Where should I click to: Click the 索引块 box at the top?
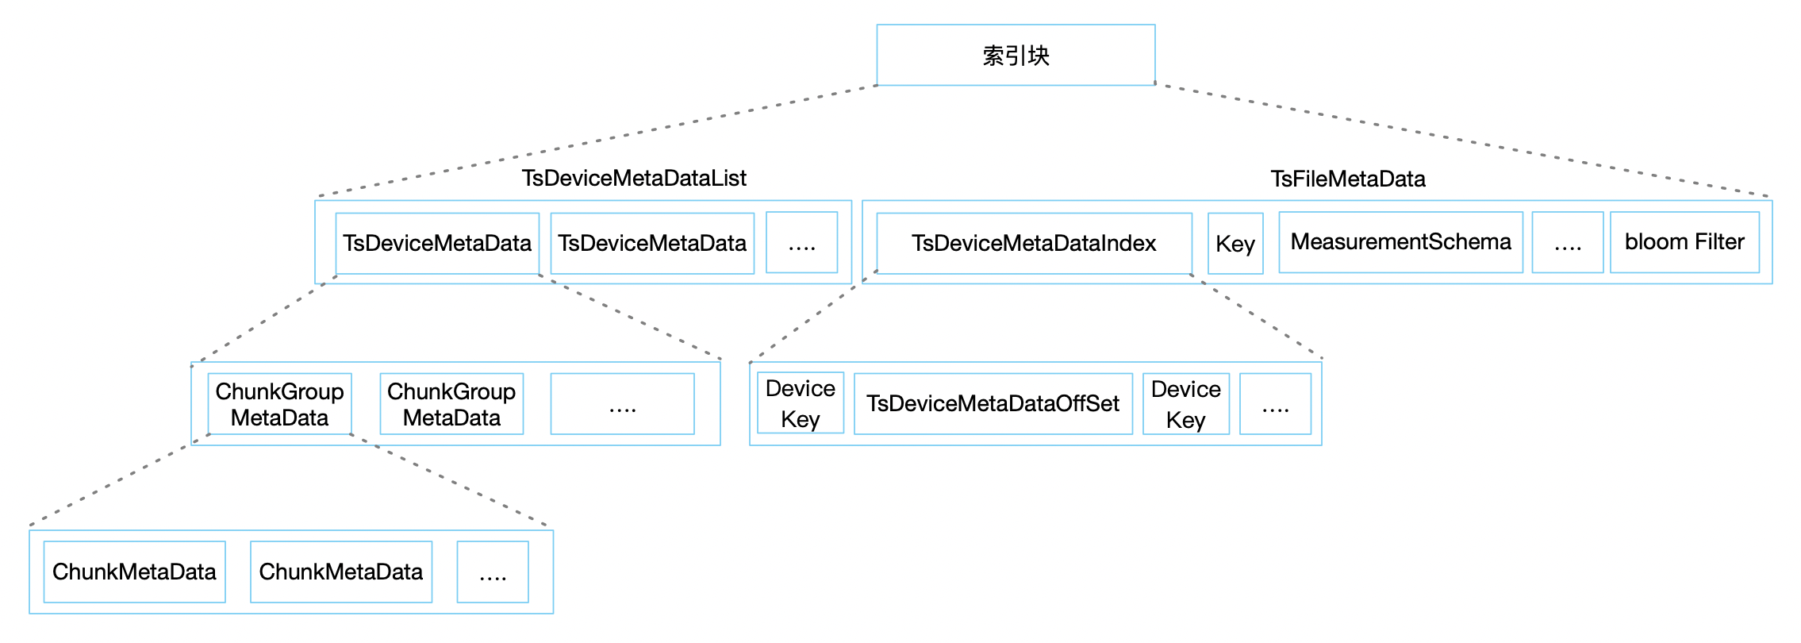pos(1016,55)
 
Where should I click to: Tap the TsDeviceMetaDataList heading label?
pos(634,178)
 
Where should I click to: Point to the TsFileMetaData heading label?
pos(1348,179)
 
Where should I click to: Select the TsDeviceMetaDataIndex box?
pos(1034,243)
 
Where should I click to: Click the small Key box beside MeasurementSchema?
pos(1235,243)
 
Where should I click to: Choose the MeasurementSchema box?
pos(1401,242)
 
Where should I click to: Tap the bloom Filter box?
pos(1684,242)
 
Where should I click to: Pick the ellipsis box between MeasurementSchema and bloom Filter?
pos(1568,242)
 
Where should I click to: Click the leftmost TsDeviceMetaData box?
pos(437,243)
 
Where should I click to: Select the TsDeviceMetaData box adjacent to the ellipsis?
pos(652,243)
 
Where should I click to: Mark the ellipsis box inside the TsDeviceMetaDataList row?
pos(802,242)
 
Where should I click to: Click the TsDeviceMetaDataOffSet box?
pos(993,404)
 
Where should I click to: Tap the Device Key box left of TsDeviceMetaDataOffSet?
pos(801,403)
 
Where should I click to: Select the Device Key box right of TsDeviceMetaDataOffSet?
pos(1186,404)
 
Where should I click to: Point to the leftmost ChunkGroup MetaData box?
pos(279,404)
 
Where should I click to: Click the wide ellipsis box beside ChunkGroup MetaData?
pos(623,404)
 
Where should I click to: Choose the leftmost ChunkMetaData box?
pos(134,572)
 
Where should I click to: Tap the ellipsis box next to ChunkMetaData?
pos(493,572)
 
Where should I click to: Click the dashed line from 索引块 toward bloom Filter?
pos(1461,139)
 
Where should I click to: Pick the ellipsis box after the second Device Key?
pos(1275,404)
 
